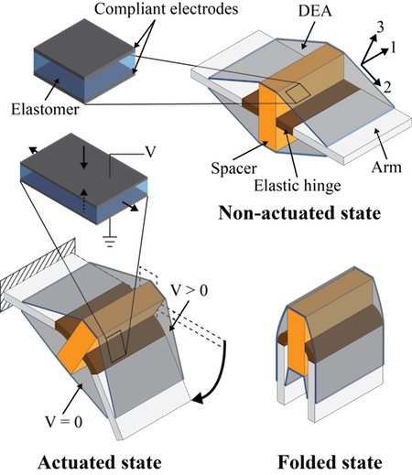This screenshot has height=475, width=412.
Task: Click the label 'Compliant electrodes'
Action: [166, 9]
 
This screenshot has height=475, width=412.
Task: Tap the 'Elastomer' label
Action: [45, 109]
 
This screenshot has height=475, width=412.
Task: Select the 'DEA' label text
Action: [315, 11]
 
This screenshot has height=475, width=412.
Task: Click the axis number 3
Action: [380, 28]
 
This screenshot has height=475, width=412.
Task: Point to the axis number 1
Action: [393, 48]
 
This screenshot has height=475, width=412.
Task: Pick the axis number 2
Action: [387, 87]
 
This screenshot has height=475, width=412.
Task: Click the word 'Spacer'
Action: [234, 168]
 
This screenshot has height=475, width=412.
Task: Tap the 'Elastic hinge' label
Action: [298, 186]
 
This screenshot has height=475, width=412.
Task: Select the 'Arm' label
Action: [386, 167]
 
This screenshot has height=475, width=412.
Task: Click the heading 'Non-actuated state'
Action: [299, 212]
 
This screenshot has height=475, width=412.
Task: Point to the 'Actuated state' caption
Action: [100, 462]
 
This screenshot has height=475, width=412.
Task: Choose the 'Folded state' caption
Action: [330, 462]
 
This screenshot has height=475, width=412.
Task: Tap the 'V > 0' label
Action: [190, 290]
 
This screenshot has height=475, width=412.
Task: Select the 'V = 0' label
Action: [64, 422]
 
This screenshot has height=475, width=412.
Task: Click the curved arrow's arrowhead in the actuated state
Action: [200, 397]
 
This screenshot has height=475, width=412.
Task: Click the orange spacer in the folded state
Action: [298, 345]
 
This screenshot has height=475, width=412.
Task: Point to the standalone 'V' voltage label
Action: [149, 152]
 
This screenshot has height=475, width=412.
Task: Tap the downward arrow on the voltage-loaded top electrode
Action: [84, 159]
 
